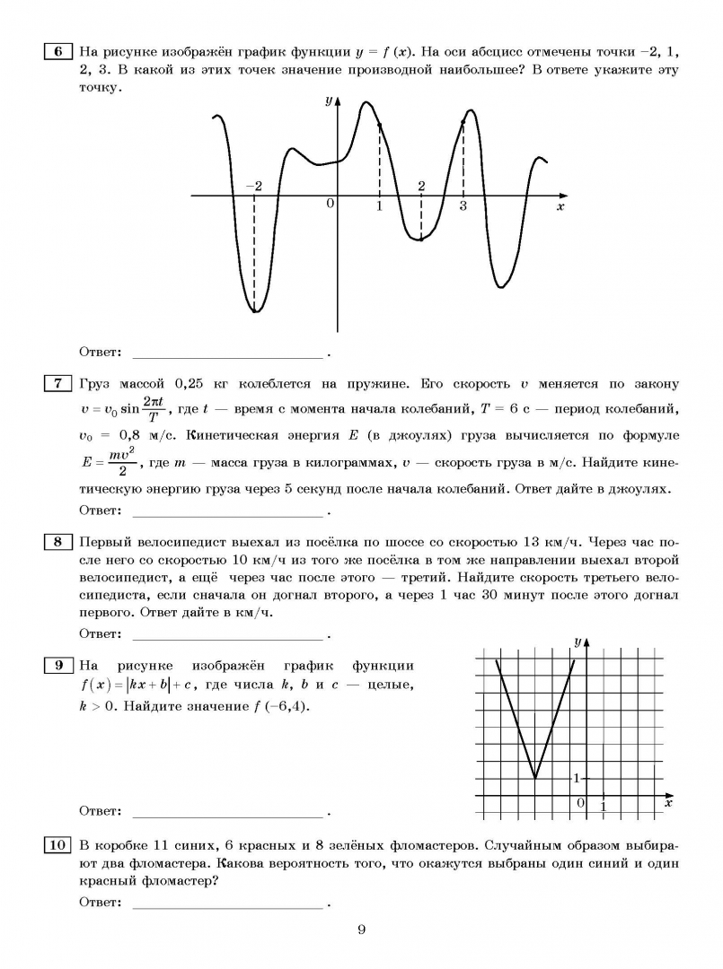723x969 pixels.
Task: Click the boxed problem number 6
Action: coord(56,51)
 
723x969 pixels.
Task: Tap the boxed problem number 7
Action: coord(56,384)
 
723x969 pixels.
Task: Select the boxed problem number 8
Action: coord(56,541)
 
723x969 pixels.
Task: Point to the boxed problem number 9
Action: coord(56,666)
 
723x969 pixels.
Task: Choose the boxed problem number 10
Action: coord(56,845)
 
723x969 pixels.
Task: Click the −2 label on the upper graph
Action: coord(254,186)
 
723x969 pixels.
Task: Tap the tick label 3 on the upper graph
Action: coord(463,206)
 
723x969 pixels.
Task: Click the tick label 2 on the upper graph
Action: coord(420,186)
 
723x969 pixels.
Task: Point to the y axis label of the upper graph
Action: coord(329,100)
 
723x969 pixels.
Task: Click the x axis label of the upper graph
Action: coord(560,207)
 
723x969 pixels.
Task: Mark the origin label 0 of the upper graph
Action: coord(330,205)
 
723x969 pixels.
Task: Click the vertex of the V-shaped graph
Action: coord(535,778)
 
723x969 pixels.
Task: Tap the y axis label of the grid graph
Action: coord(577,642)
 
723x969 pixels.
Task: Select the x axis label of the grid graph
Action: coord(667,803)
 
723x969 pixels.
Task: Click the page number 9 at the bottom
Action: coord(361,930)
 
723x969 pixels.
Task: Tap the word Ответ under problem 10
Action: coord(99,903)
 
